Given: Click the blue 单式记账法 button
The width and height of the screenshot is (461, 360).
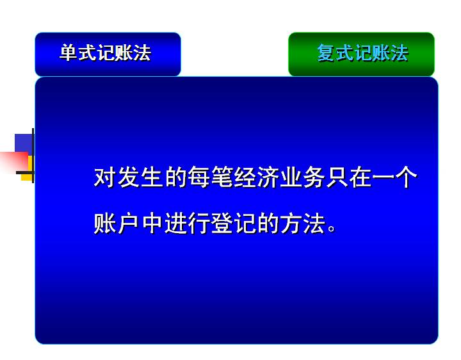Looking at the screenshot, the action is click(108, 54).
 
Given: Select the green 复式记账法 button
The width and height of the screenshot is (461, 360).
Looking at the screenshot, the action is click(361, 54).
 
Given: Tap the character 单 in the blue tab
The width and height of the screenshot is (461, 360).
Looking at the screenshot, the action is click(69, 53).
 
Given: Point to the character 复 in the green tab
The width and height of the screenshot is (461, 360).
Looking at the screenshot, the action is click(326, 53).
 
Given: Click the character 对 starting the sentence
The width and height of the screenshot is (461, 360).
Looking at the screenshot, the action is click(104, 177).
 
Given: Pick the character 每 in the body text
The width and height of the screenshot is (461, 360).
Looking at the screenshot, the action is click(198, 177).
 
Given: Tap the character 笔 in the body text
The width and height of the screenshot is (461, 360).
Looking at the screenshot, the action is click(222, 177).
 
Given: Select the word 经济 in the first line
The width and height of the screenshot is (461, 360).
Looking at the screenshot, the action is click(257, 177).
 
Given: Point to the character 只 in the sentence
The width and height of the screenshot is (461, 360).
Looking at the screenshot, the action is click(337, 177).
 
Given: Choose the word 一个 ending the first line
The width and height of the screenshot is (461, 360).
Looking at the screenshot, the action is click(394, 177).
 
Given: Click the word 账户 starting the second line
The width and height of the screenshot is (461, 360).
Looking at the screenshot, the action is click(116, 223).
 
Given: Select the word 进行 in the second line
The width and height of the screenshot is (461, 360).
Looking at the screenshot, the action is click(187, 223).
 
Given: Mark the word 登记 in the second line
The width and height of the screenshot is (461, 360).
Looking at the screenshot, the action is click(234, 223).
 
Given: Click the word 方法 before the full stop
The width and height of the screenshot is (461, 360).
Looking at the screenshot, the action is click(303, 223).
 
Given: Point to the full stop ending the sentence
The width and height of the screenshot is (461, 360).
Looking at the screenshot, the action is click(332, 228).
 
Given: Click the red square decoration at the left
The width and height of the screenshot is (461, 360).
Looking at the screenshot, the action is click(14, 161).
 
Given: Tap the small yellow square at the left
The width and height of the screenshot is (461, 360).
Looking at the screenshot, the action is click(27, 174).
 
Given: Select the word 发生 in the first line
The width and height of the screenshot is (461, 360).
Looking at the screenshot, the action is click(140, 177).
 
